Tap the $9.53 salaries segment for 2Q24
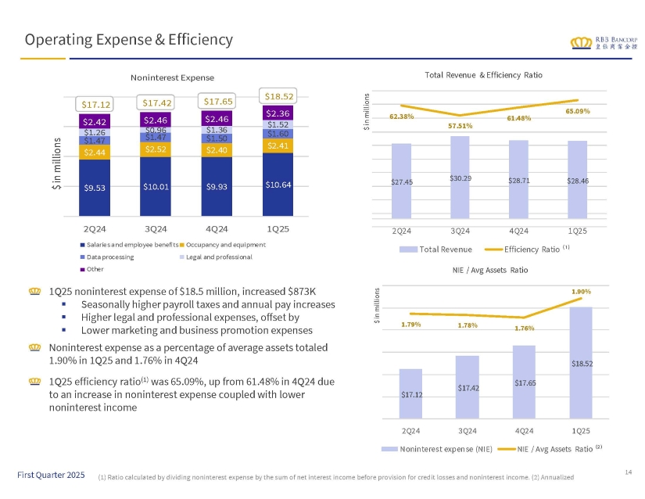click(95, 187)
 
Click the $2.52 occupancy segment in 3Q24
click(156, 149)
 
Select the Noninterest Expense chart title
click(171, 77)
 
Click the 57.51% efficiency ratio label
click(460, 126)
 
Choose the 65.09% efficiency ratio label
click(577, 111)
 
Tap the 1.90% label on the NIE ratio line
click(580, 291)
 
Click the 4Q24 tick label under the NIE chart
click(524, 430)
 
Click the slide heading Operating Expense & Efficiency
click(128, 38)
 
